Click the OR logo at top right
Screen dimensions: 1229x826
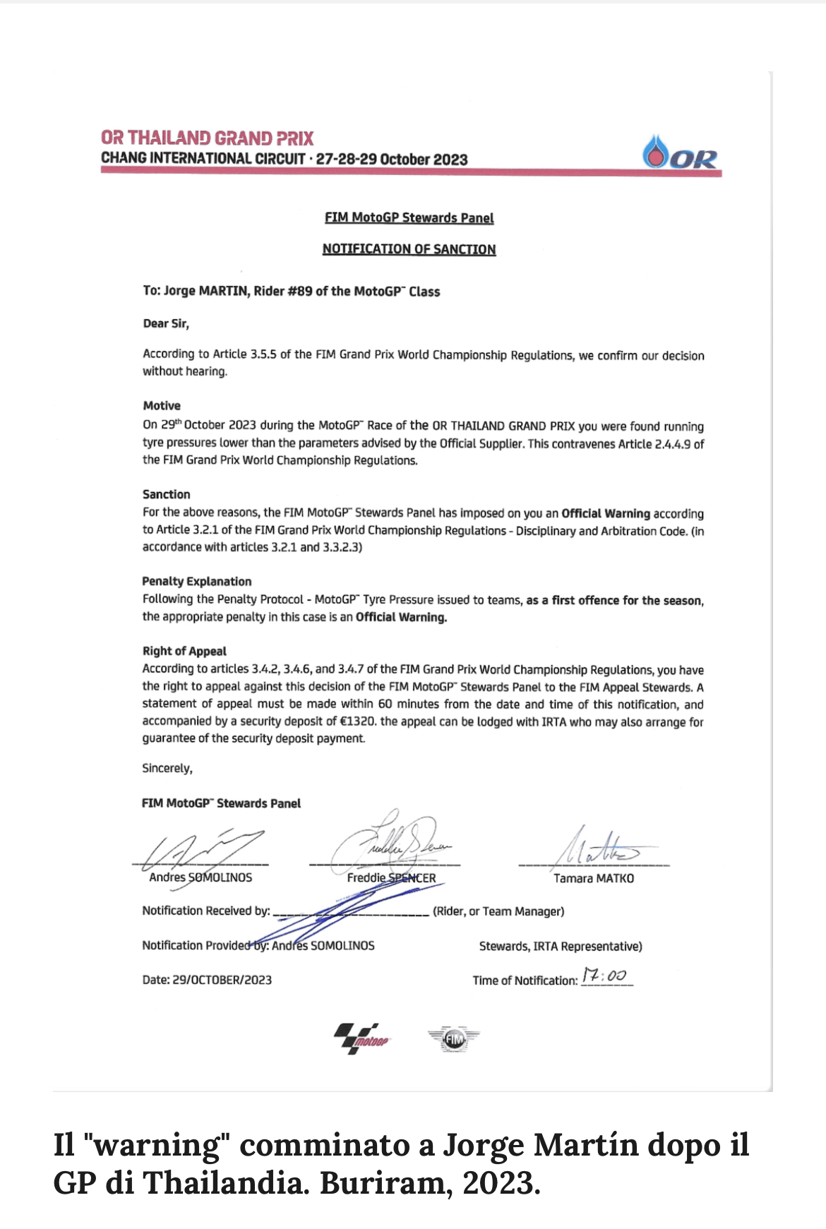coord(680,153)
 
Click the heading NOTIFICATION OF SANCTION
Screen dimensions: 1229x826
coord(409,249)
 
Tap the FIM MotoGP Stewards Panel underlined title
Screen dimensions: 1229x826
coord(409,217)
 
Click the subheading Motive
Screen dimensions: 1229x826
coord(162,406)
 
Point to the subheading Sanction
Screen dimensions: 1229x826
coord(166,494)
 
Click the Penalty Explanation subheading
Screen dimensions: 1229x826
coord(196,581)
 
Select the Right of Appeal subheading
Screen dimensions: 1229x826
coord(184,651)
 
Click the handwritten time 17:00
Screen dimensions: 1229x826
coord(604,976)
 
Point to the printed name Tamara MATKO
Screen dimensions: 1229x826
coord(593,878)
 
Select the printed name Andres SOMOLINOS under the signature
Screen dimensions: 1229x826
coord(200,877)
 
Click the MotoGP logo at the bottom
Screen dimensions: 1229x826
coord(361,1038)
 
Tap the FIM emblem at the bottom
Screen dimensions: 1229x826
coord(453,1038)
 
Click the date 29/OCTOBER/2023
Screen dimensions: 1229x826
coord(222,980)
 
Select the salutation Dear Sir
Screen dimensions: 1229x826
coord(166,323)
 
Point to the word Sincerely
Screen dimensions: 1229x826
coord(167,768)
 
